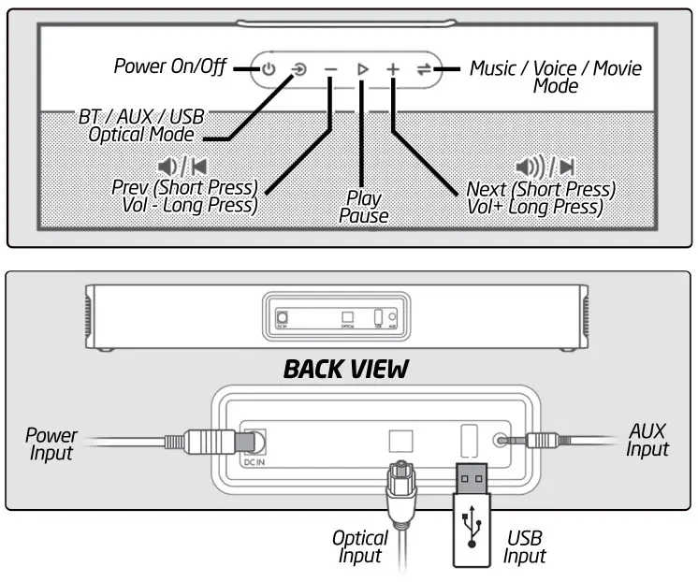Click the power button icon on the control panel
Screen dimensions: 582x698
(269, 68)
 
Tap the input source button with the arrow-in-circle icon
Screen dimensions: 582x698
(298, 68)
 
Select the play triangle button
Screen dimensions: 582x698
(362, 68)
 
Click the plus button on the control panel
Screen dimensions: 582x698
(393, 68)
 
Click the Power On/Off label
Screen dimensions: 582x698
(170, 66)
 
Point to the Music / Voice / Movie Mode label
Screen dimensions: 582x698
(556, 77)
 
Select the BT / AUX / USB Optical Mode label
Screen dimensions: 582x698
(141, 126)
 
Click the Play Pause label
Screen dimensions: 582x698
(364, 207)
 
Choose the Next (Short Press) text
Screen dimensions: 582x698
(540, 189)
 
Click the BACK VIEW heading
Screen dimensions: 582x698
(345, 369)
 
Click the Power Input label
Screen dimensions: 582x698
(51, 444)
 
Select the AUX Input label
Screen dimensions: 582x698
(647, 440)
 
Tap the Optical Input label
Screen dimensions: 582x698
(360, 547)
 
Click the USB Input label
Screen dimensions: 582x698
(524, 547)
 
